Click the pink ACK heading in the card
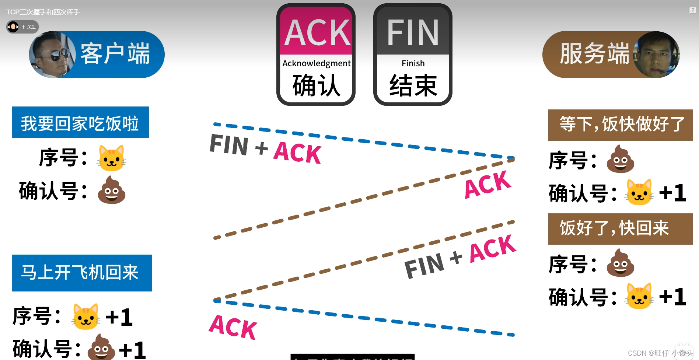tap(317, 32)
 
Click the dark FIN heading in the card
tap(413, 32)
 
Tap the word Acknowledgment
tap(317, 63)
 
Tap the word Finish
tap(413, 63)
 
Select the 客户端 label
tap(115, 54)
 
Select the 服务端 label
tap(594, 54)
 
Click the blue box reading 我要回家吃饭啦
tap(80, 122)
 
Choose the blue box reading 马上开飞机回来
tap(82, 273)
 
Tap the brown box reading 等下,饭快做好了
tap(620, 125)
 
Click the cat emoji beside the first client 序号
tap(111, 158)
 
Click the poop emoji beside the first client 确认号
tap(111, 190)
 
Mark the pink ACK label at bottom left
tap(233, 327)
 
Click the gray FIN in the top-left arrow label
tap(229, 144)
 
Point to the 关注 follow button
tap(28, 27)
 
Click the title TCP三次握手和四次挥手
tap(43, 12)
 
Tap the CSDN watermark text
tap(660, 353)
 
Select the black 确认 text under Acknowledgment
tap(316, 85)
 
